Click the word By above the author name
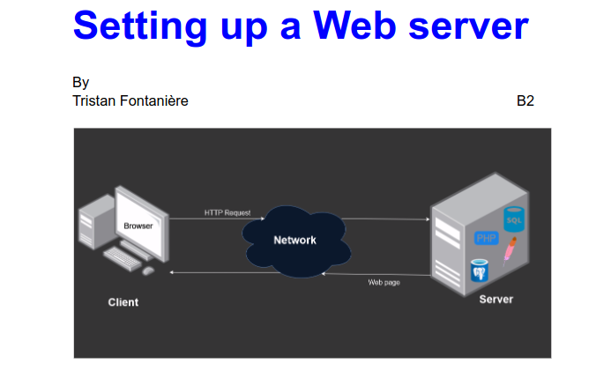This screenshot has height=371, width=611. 81,82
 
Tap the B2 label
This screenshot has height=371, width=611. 525,100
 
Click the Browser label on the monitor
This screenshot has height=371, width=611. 138,226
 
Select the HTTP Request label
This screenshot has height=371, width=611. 227,212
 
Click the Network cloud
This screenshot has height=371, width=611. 294,240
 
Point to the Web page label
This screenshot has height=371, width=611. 384,282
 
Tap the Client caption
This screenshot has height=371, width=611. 123,302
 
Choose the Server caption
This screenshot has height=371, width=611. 496,300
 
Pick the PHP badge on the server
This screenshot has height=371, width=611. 486,238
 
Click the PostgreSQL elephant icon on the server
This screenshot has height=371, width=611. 481,269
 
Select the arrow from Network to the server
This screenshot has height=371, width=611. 384,218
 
